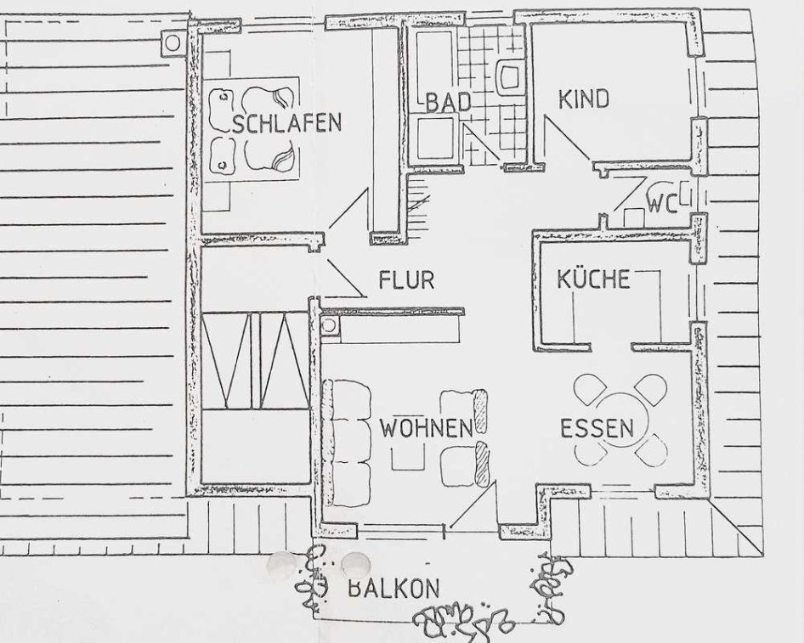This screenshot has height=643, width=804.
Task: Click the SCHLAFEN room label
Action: pos(287,123)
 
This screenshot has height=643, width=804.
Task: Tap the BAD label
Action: pos(449,101)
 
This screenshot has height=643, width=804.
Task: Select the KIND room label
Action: pos(584,99)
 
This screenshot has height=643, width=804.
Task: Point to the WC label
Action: pos(662,204)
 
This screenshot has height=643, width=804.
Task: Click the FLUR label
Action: pos(406,279)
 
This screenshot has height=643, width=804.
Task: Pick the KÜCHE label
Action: pos(593,279)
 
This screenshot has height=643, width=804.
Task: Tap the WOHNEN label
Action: pos(426,428)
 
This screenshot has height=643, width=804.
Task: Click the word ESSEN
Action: pos(597,428)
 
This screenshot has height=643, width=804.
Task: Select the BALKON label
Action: pos(394,588)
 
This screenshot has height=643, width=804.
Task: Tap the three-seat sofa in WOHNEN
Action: pos(347,443)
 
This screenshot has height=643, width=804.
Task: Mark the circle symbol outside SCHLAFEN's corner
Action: pos(173,43)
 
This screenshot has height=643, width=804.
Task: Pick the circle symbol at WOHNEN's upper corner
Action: pos(329,324)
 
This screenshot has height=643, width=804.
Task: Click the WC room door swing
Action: pos(630,193)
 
